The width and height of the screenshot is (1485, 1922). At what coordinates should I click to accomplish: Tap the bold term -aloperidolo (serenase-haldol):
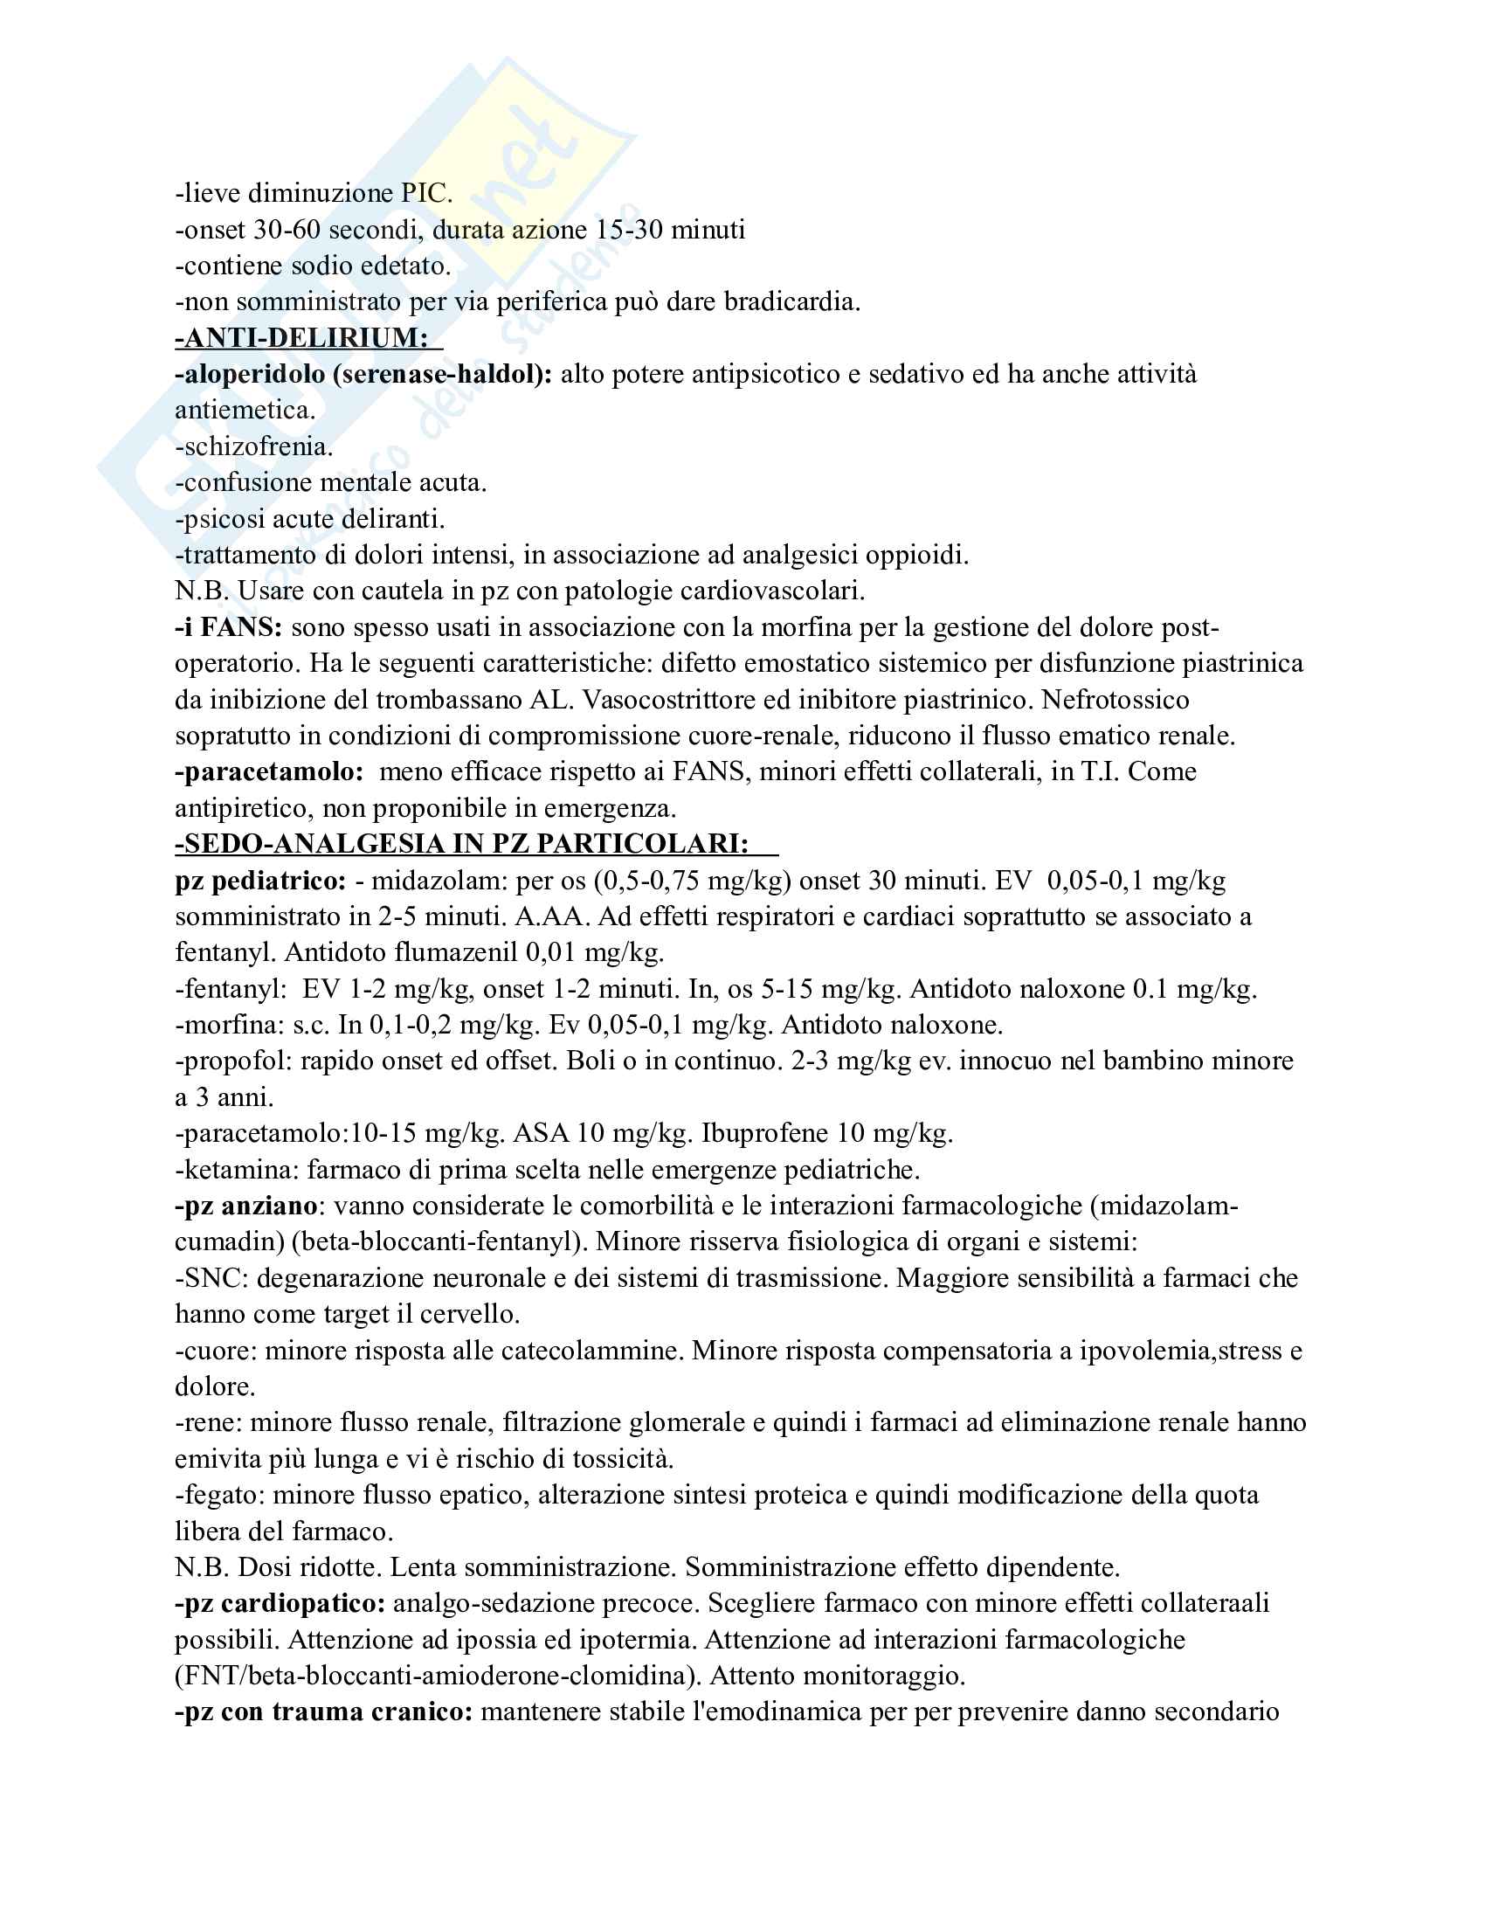[363, 374]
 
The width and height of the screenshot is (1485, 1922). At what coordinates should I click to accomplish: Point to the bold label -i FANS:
[228, 627]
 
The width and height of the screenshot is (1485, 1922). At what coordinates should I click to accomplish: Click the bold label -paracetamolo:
[269, 771]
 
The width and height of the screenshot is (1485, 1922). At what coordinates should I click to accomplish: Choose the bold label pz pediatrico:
[260, 880]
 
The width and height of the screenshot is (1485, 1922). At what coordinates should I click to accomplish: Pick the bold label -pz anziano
[245, 1206]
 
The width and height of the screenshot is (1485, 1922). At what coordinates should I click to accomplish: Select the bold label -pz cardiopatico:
[280, 1603]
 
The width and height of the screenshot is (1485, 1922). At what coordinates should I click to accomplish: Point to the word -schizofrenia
[253, 446]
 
